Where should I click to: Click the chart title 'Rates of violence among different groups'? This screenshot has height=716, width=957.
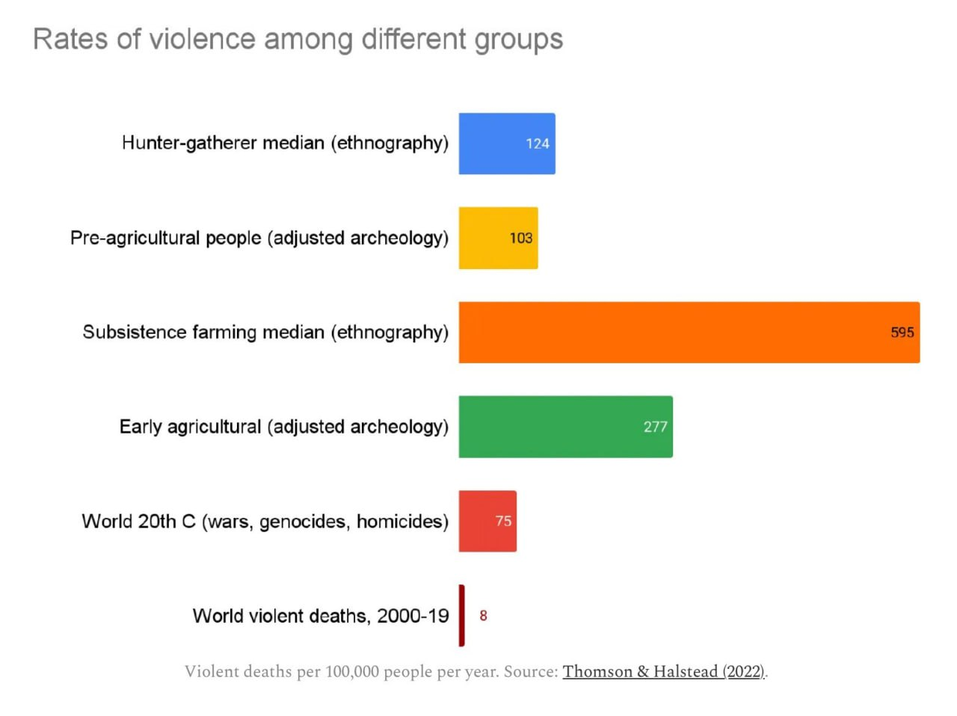pos(298,40)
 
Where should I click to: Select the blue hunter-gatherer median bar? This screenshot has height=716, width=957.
pos(493,143)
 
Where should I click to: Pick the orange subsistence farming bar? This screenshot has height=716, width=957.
pos(673,333)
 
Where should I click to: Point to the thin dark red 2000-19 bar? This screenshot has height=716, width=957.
pos(462,615)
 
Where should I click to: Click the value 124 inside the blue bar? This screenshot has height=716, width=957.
pos(538,143)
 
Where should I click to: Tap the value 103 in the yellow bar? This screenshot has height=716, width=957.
pos(521,238)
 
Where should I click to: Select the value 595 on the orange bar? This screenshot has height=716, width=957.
pos(902,333)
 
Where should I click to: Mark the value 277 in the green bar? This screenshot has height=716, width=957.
pos(655,427)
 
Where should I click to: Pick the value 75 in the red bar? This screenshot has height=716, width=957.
pos(503,521)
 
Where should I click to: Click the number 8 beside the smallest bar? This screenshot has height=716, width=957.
pos(483,615)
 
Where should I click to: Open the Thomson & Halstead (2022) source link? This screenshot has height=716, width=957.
pos(664,671)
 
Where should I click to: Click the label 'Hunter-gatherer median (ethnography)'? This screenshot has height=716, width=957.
pos(285,143)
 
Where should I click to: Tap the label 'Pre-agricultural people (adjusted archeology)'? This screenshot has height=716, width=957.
pos(259,238)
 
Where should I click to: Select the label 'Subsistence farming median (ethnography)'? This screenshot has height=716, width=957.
pos(265,332)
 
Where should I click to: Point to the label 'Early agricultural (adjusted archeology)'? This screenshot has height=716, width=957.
pos(284,427)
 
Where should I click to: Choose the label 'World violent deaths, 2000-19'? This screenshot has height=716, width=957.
pos(321,616)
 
